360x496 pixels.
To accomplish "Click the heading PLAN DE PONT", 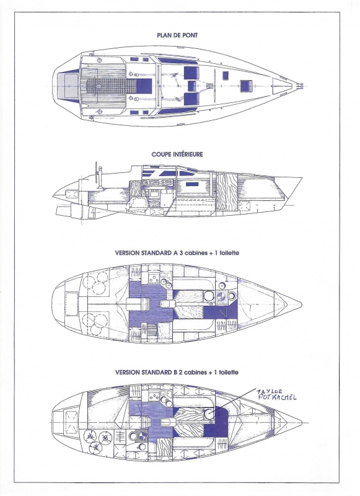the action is point(177,35).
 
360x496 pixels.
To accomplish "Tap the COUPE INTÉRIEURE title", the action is point(177,154).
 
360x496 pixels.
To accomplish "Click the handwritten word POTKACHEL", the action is point(276,397).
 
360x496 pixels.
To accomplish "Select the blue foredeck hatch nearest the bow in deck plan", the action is point(246,86).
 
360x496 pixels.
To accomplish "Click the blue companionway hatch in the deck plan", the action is point(144,86).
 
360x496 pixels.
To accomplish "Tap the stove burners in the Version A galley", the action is point(155,279).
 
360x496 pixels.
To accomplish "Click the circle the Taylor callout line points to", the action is point(209,413).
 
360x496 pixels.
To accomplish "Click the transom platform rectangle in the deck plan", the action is point(68,86).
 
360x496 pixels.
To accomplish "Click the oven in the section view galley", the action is point(154,193).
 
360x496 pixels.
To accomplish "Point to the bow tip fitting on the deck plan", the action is point(301,86).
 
